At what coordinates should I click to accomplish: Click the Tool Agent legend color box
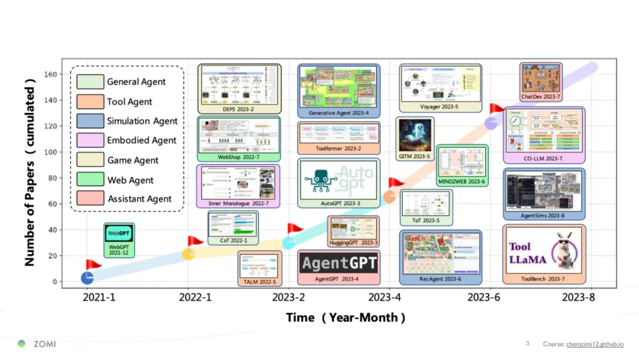[90, 101]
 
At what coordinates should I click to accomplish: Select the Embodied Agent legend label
[142, 140]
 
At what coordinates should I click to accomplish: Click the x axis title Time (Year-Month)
[346, 317]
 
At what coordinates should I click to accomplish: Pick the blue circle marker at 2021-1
[87, 278]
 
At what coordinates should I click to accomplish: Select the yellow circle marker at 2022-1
[188, 254]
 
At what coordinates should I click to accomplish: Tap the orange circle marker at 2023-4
[390, 197]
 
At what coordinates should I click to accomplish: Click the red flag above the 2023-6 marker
[496, 109]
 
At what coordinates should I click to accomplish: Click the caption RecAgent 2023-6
[440, 279]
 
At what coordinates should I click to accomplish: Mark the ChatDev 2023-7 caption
[541, 97]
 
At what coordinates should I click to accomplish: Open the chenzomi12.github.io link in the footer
[595, 344]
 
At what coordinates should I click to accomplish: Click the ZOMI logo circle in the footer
[22, 344]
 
